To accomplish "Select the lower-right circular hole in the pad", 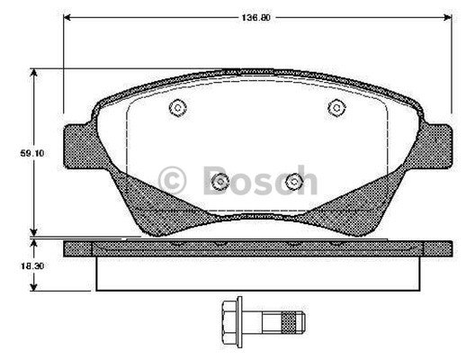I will pyautogui.click(x=293, y=183).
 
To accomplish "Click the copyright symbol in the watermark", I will pyautogui.click(x=172, y=179).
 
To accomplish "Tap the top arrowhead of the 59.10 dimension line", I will pyautogui.click(x=34, y=72).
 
